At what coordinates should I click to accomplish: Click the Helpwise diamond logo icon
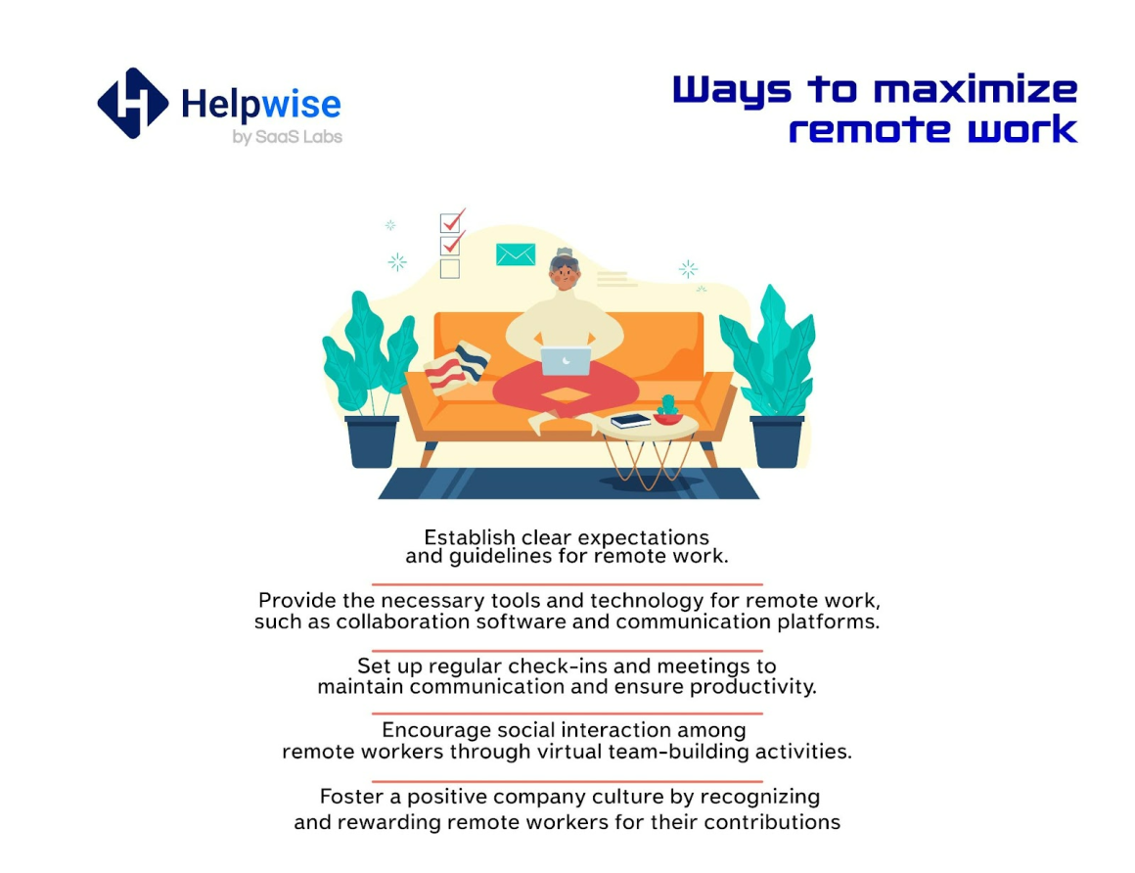point(133,103)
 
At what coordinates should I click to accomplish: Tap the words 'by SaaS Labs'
point(288,137)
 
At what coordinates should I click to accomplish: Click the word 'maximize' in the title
point(976,90)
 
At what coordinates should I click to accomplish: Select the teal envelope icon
point(516,254)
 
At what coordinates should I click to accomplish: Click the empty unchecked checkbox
point(449,269)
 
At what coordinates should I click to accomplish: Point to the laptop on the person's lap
point(567,360)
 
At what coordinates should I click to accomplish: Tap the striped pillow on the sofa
point(457,368)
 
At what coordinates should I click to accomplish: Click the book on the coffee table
point(630,420)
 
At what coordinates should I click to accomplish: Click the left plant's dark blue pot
point(372,440)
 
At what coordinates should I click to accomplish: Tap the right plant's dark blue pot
point(777,440)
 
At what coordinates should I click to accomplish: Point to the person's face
point(564,274)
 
